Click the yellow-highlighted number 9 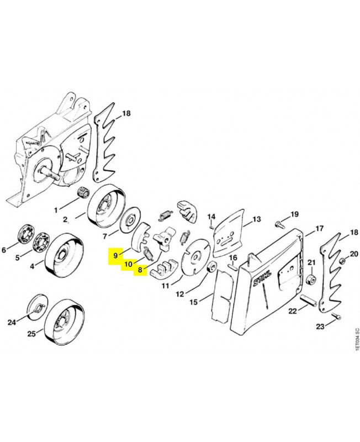(x=115, y=256)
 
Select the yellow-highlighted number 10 (x=128, y=264)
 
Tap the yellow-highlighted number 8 (x=140, y=270)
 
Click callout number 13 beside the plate (x=256, y=219)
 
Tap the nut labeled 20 (x=342, y=259)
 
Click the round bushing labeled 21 (x=311, y=278)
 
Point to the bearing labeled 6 (x=24, y=234)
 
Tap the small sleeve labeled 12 (x=212, y=267)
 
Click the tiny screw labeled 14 (x=212, y=226)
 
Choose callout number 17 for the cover (x=320, y=228)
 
